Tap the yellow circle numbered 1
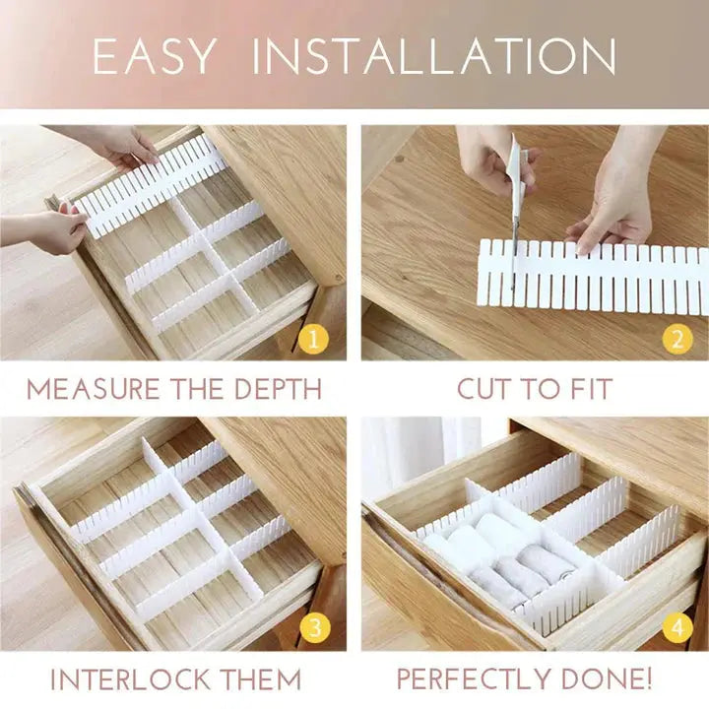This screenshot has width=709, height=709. point(313,341)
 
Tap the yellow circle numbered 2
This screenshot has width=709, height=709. point(676,341)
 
